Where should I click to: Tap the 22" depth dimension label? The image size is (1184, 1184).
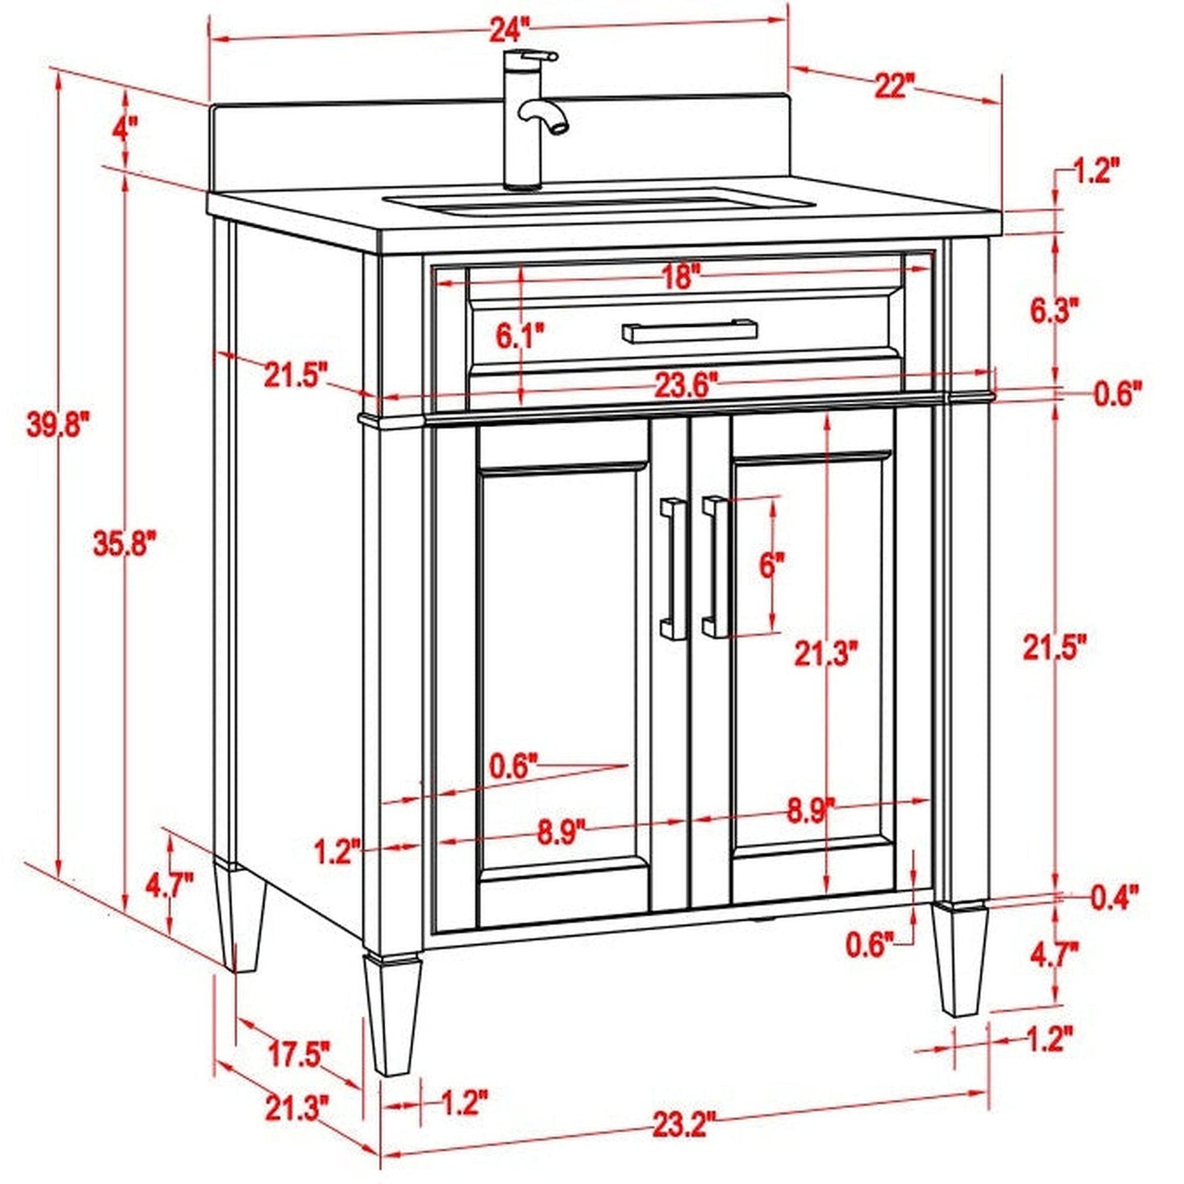coord(892,84)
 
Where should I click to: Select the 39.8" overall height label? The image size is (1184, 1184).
coord(57,425)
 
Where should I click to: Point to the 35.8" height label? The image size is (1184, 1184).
coord(123,543)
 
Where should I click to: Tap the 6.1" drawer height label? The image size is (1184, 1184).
coord(519,335)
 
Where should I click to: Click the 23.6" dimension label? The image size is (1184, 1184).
coord(685,385)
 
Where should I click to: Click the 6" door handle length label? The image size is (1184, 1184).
coord(772,565)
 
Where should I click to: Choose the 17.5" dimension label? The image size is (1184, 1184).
coord(299,1054)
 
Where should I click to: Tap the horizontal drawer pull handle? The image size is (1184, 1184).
coord(688,331)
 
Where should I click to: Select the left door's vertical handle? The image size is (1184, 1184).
coord(674,567)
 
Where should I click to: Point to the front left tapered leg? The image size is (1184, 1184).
coord(392,1013)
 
